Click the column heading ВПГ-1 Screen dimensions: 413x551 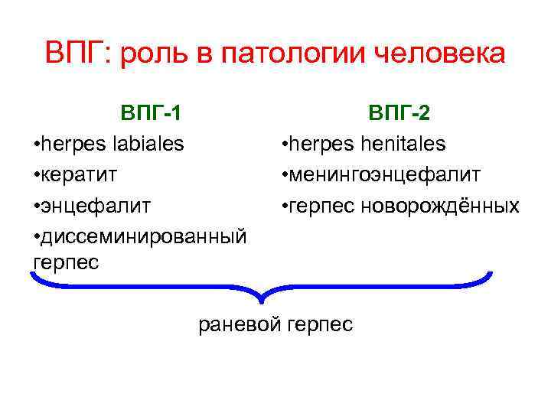coord(151,114)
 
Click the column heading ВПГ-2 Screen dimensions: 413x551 coord(399,114)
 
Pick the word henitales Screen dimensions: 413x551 coord(403,145)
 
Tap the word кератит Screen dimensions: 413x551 coord(78,175)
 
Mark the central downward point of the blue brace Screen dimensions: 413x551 coord(262,301)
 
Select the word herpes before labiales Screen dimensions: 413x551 coord(67,145)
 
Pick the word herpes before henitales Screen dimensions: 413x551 coord(315,145)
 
